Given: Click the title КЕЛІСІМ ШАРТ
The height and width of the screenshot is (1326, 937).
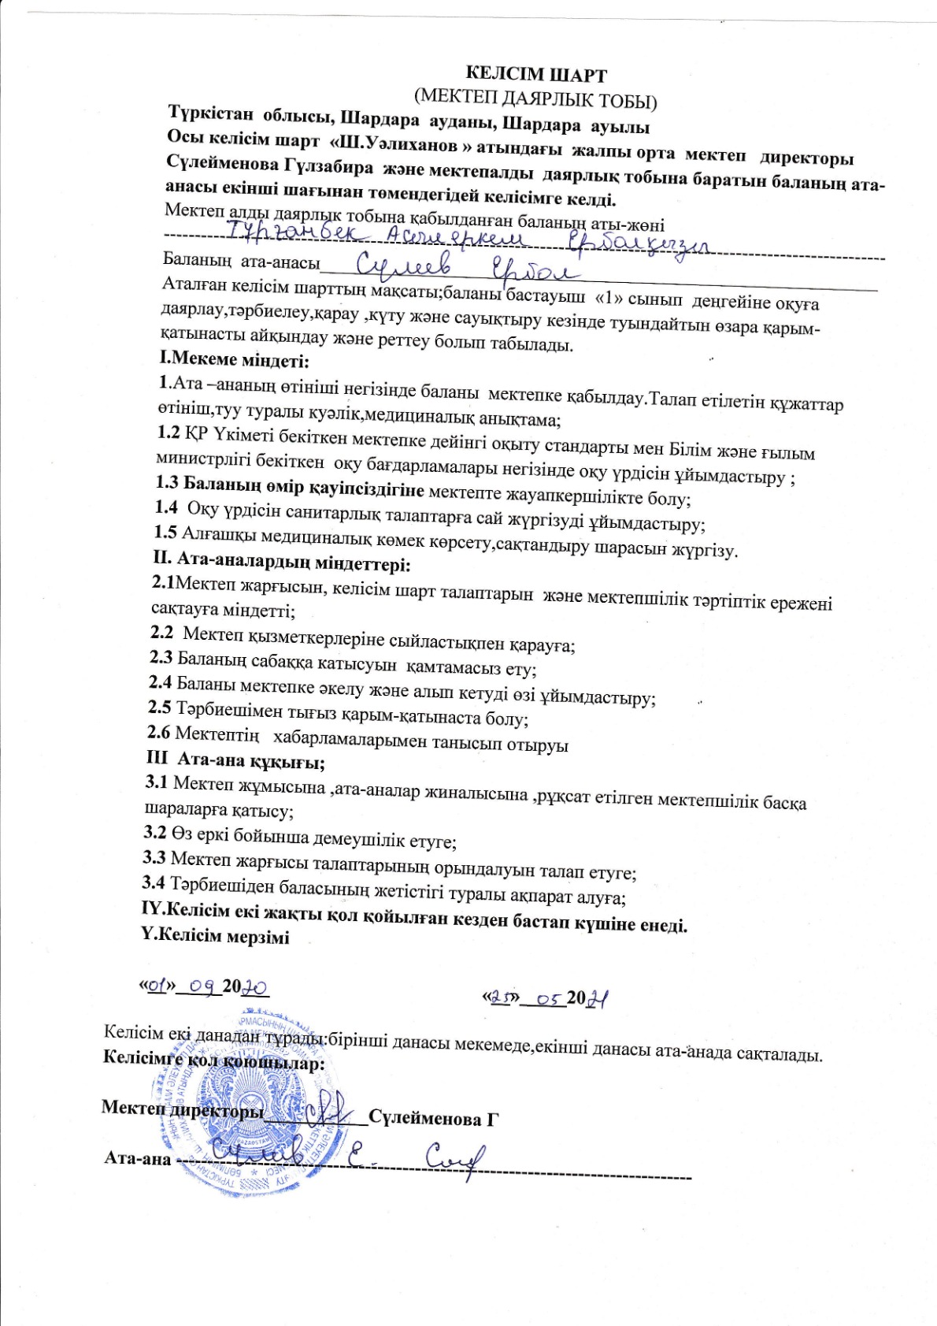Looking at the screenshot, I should [x=536, y=75].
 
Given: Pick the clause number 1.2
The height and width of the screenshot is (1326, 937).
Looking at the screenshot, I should [x=169, y=432].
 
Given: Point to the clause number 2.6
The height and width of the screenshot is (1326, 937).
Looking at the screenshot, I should [x=159, y=733].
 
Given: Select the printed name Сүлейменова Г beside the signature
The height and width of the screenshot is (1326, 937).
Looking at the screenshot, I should [x=434, y=1118].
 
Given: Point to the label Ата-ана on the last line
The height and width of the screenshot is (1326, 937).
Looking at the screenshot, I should [x=138, y=1158].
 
